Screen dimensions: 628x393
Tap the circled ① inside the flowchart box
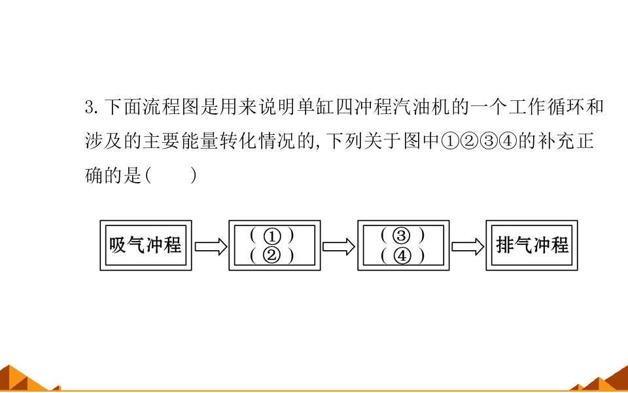coord(272,236)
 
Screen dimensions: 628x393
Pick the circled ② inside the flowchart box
coord(272,255)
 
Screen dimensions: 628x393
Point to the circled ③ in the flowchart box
coord(402,236)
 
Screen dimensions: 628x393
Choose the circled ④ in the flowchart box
coord(402,255)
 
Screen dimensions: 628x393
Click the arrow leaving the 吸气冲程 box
coord(211,246)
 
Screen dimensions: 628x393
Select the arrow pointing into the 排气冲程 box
coord(468,246)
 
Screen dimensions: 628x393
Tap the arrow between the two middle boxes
coord(339,246)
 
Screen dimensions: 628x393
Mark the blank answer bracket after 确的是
coord(171,176)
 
